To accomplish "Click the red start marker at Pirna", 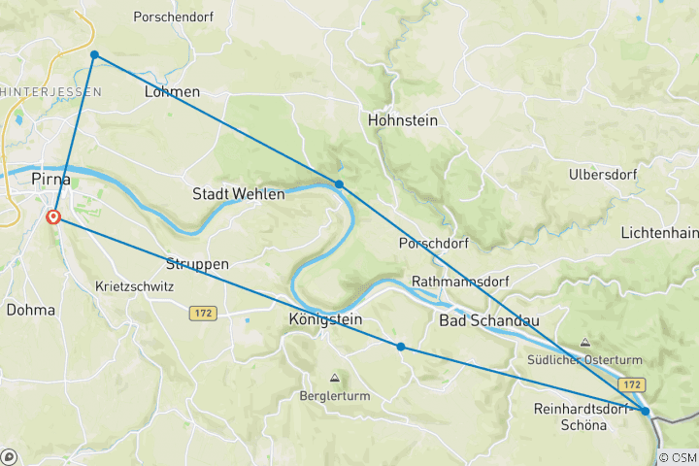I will click(x=53, y=217).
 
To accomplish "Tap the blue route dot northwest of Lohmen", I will click(x=94, y=54).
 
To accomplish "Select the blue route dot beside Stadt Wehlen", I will click(x=339, y=183).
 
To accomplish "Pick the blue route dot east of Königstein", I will click(x=401, y=347).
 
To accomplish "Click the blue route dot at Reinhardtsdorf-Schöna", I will click(x=646, y=412).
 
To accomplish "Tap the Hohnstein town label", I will click(x=403, y=121).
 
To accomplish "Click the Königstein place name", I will click(x=325, y=319).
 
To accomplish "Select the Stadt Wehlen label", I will click(x=239, y=194).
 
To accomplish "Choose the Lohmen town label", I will click(x=172, y=92).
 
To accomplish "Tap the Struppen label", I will click(x=197, y=264).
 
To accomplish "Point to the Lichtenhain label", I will click(x=659, y=234).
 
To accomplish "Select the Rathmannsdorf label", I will click(x=460, y=283).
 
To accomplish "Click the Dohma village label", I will click(x=31, y=310).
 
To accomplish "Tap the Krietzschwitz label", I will click(x=135, y=287).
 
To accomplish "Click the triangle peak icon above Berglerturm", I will click(x=335, y=378).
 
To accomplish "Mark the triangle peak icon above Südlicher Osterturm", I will click(x=584, y=343).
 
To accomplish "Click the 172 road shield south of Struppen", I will click(x=203, y=313).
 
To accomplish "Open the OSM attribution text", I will click(x=678, y=457).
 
